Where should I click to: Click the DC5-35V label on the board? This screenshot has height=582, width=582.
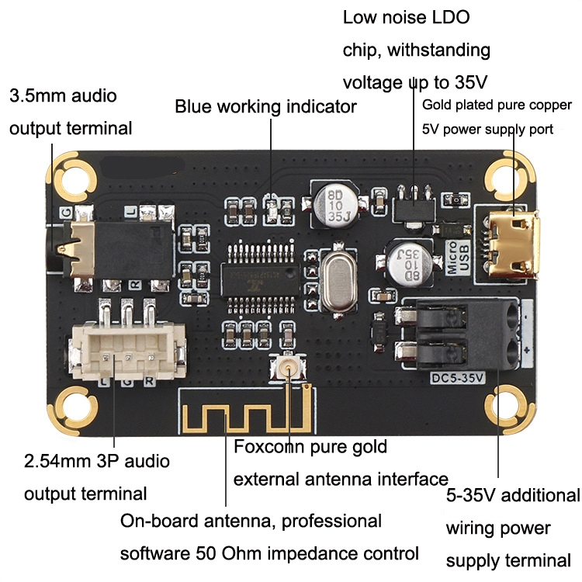tap(457, 378)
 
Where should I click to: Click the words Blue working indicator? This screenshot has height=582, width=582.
tap(265, 106)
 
